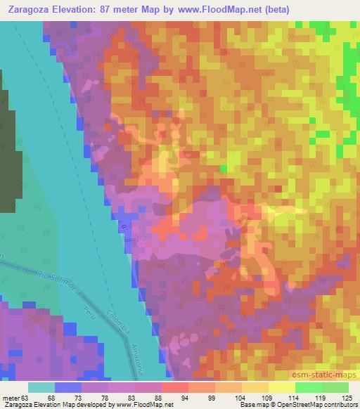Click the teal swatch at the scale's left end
click(41, 387)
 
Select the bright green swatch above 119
click(308, 387)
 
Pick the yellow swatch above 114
click(281, 387)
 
